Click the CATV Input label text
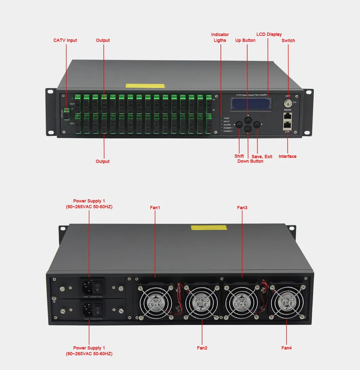point(65,40)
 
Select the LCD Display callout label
point(269,34)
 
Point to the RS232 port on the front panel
point(288,116)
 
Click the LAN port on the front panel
point(288,126)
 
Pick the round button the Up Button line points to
point(248,120)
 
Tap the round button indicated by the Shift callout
point(239,125)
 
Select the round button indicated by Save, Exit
point(257,125)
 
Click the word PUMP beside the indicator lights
point(227,118)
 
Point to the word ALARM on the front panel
point(227,125)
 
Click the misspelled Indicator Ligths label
point(220,37)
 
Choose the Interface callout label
point(287,156)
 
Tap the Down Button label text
point(250,161)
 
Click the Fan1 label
point(155,207)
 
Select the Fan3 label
point(242,207)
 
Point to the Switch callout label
point(288,40)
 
